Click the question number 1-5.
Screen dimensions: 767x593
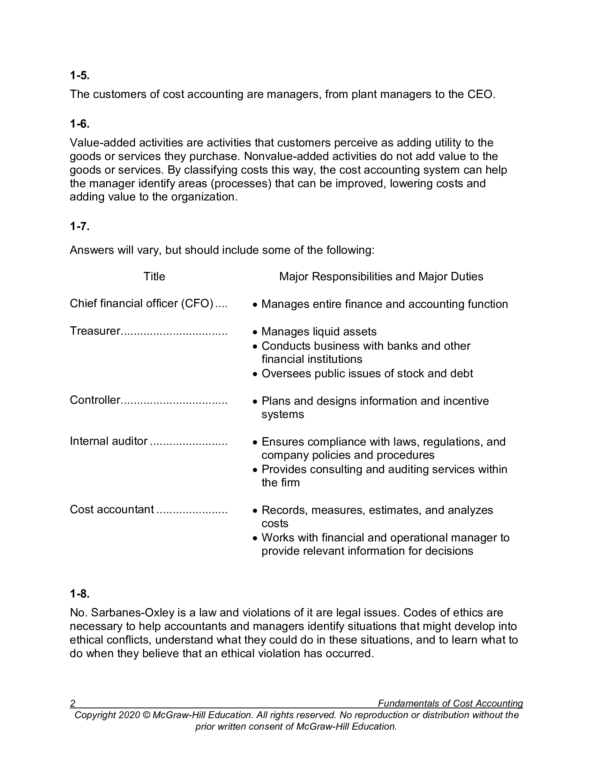[80, 76]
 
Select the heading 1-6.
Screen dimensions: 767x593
[80, 124]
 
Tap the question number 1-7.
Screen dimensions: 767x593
[80, 227]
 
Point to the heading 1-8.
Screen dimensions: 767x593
[80, 594]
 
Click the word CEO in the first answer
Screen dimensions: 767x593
[480, 94]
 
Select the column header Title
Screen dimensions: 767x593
[154, 277]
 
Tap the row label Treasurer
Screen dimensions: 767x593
[95, 331]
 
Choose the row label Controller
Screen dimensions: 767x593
[95, 400]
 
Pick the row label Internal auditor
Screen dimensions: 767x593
[108, 441]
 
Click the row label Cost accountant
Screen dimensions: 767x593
[112, 510]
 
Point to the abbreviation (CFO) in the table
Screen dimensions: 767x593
[197, 304]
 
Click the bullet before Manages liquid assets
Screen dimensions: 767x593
[255, 333]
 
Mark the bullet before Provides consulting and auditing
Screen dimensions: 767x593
[255, 470]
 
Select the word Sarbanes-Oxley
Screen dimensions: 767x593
[133, 613]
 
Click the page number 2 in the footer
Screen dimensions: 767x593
[73, 704]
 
